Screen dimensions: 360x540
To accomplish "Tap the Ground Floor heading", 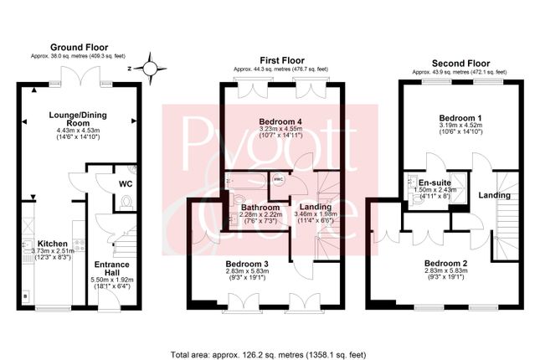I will [79, 47].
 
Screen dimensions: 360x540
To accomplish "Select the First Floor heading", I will [281, 59].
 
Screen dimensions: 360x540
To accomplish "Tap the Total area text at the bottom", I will [270, 352].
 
